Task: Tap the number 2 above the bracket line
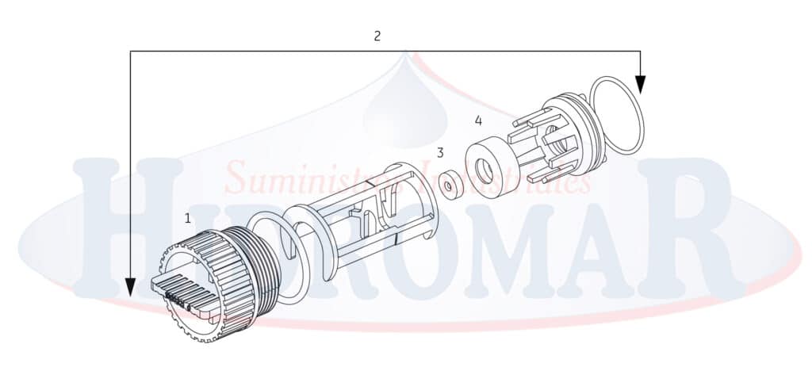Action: pyautogui.click(x=377, y=36)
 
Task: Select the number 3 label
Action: pyautogui.click(x=440, y=152)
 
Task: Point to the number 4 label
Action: pyautogui.click(x=477, y=120)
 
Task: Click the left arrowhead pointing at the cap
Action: pyautogui.click(x=131, y=286)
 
